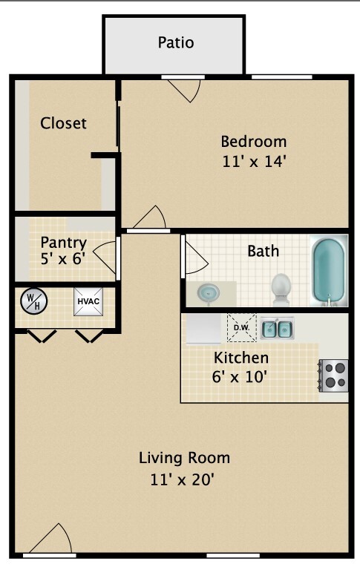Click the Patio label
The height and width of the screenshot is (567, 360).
click(176, 42)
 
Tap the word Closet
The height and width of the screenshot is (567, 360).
click(63, 123)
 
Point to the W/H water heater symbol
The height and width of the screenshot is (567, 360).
click(34, 301)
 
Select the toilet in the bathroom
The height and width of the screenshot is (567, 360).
click(281, 289)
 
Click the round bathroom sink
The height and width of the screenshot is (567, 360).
click(209, 292)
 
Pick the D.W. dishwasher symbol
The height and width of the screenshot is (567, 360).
click(241, 327)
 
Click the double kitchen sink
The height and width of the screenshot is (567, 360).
click(277, 327)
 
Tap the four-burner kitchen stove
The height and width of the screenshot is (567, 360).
click(334, 375)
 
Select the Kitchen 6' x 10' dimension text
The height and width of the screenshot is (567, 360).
click(240, 376)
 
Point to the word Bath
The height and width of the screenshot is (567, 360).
click(264, 251)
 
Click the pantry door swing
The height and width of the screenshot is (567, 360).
click(108, 255)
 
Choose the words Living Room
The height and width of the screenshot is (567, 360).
click(184, 457)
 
